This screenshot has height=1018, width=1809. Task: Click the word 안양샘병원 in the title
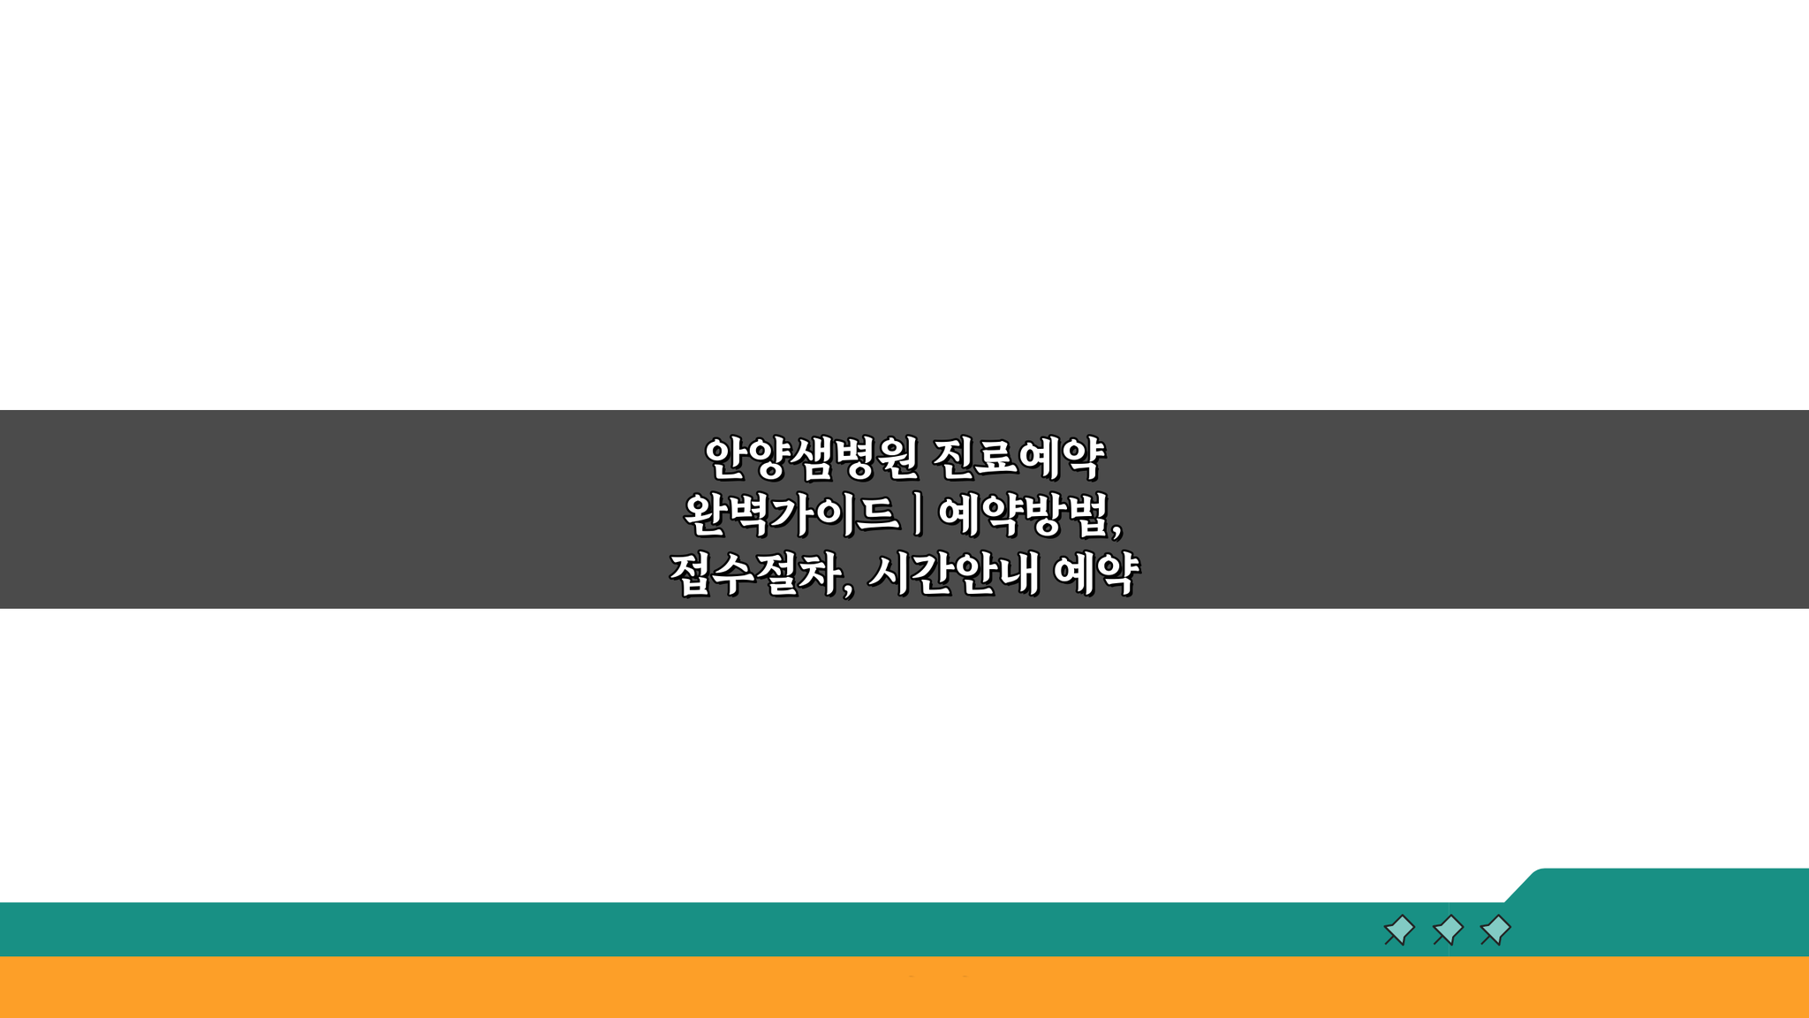click(811, 458)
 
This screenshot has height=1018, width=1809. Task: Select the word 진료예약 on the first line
click(1018, 458)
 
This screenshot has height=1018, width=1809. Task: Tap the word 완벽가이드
click(791, 515)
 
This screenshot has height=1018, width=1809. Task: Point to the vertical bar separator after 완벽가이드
click(919, 515)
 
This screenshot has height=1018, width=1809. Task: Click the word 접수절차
click(755, 574)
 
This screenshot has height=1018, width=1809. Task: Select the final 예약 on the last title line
click(1096, 574)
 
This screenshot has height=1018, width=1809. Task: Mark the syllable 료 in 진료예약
click(995, 458)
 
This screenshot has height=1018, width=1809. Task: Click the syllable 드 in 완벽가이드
click(876, 515)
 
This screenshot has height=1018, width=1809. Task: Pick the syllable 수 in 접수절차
click(734, 574)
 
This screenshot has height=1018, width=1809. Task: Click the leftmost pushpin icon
click(1399, 930)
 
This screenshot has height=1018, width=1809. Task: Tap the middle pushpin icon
click(1448, 930)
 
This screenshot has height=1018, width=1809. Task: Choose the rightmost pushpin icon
click(1495, 930)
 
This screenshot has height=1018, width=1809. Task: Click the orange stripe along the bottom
click(904, 987)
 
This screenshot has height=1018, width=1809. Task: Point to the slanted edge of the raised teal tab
click(1522, 885)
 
